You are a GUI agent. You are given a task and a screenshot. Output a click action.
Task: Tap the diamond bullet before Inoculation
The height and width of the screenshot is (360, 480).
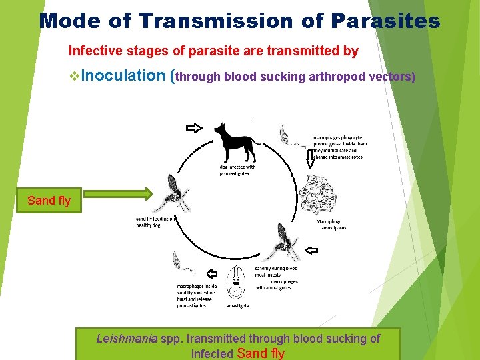pyautogui.click(x=73, y=76)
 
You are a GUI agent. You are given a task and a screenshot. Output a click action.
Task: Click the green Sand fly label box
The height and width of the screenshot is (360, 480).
pyautogui.click(x=49, y=200)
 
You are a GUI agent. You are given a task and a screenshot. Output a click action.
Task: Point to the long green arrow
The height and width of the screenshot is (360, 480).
pyautogui.click(x=118, y=195)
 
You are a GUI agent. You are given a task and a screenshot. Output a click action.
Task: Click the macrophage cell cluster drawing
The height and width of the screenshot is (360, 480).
pyautogui.click(x=321, y=194)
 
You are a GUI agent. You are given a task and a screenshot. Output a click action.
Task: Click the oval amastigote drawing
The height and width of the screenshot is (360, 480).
pyautogui.click(x=237, y=283)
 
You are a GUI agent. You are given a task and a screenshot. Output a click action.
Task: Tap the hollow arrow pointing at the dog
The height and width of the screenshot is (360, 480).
pyautogui.click(x=193, y=128)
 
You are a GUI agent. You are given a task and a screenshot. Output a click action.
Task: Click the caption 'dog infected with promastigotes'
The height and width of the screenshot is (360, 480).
pyautogui.click(x=237, y=170)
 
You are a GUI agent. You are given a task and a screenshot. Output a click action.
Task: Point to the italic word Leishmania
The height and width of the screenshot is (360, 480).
pyautogui.click(x=126, y=339)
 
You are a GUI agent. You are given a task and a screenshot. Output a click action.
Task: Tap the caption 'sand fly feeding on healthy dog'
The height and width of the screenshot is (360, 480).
pyautogui.click(x=156, y=221)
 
